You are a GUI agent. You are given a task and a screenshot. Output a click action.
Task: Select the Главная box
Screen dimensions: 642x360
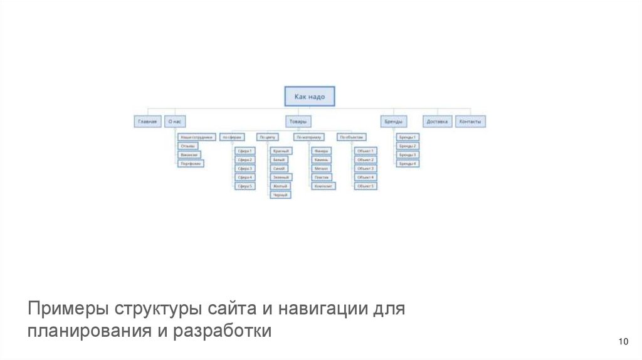pos(148,122)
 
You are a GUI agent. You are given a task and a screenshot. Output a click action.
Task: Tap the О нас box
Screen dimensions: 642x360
pos(176,122)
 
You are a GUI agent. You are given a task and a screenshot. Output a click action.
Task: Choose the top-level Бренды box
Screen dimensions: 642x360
pos(393,122)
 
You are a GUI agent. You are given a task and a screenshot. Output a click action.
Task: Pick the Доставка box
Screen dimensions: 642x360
pos(437,122)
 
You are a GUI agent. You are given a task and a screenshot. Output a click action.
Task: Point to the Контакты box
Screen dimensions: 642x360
pos(470,122)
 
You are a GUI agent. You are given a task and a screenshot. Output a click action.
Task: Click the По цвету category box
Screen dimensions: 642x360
pos(267,137)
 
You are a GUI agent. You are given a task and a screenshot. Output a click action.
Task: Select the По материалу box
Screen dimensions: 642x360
pos(308,137)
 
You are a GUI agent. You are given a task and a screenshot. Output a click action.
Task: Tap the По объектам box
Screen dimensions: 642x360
pos(351,137)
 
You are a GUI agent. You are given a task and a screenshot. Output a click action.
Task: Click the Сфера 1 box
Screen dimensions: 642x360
pos(244,151)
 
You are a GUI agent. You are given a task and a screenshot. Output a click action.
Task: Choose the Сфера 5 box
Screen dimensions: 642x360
pos(244,186)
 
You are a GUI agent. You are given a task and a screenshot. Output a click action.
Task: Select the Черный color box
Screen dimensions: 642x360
pos(280,195)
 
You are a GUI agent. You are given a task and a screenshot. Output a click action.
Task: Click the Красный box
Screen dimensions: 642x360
pos(280,151)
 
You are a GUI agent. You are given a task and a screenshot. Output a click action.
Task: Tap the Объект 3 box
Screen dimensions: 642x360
pos(365,169)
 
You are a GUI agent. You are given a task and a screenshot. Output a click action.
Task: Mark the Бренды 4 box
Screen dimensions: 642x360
pos(408,164)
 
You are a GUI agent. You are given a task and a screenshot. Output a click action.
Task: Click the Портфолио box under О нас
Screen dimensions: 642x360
pos(191,164)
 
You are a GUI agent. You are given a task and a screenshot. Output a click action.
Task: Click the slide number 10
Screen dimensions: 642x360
pos(623,342)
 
